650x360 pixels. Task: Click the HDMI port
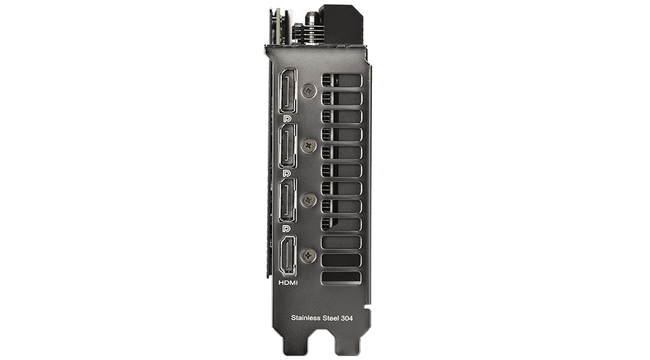point(288,255)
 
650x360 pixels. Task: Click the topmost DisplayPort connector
point(288,91)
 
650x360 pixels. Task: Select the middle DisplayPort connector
point(288,146)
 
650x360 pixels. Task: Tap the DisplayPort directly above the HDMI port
point(288,200)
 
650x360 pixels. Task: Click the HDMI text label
point(288,283)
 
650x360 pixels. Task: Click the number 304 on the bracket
point(347,318)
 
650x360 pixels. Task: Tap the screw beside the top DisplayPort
point(308,91)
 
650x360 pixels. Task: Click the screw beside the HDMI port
point(308,255)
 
